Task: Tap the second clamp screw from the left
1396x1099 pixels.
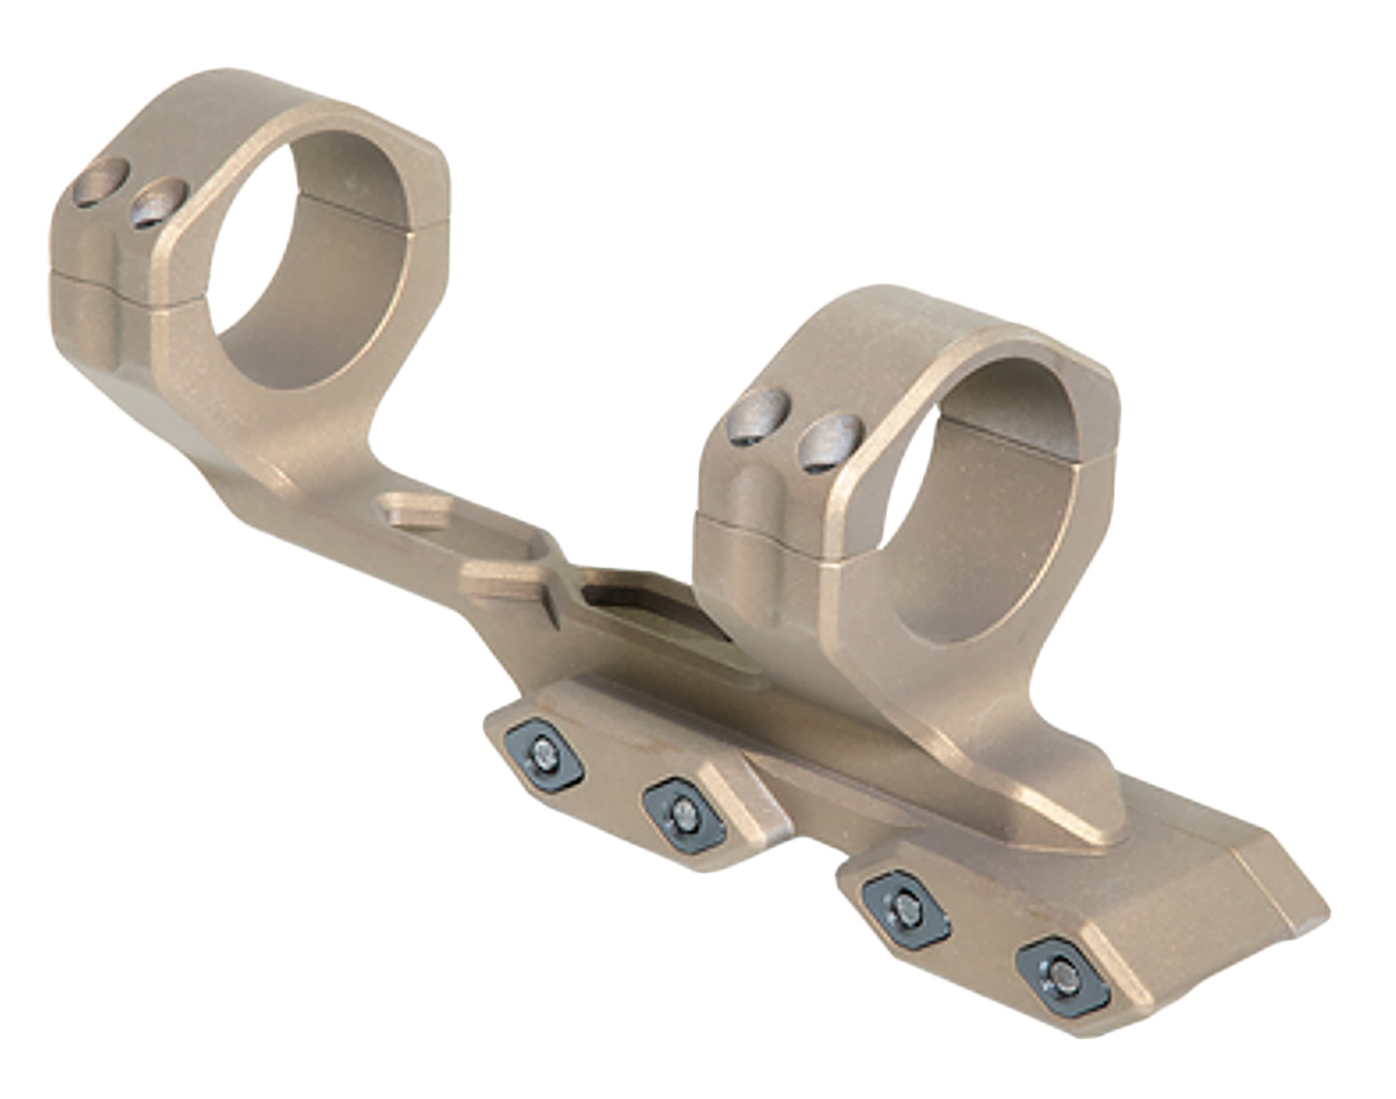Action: [684, 816]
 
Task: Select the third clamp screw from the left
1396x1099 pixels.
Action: [905, 908]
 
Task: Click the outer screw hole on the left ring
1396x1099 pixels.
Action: [101, 181]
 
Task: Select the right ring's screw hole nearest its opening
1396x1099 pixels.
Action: [831, 443]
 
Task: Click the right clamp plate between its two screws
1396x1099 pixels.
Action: [982, 940]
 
